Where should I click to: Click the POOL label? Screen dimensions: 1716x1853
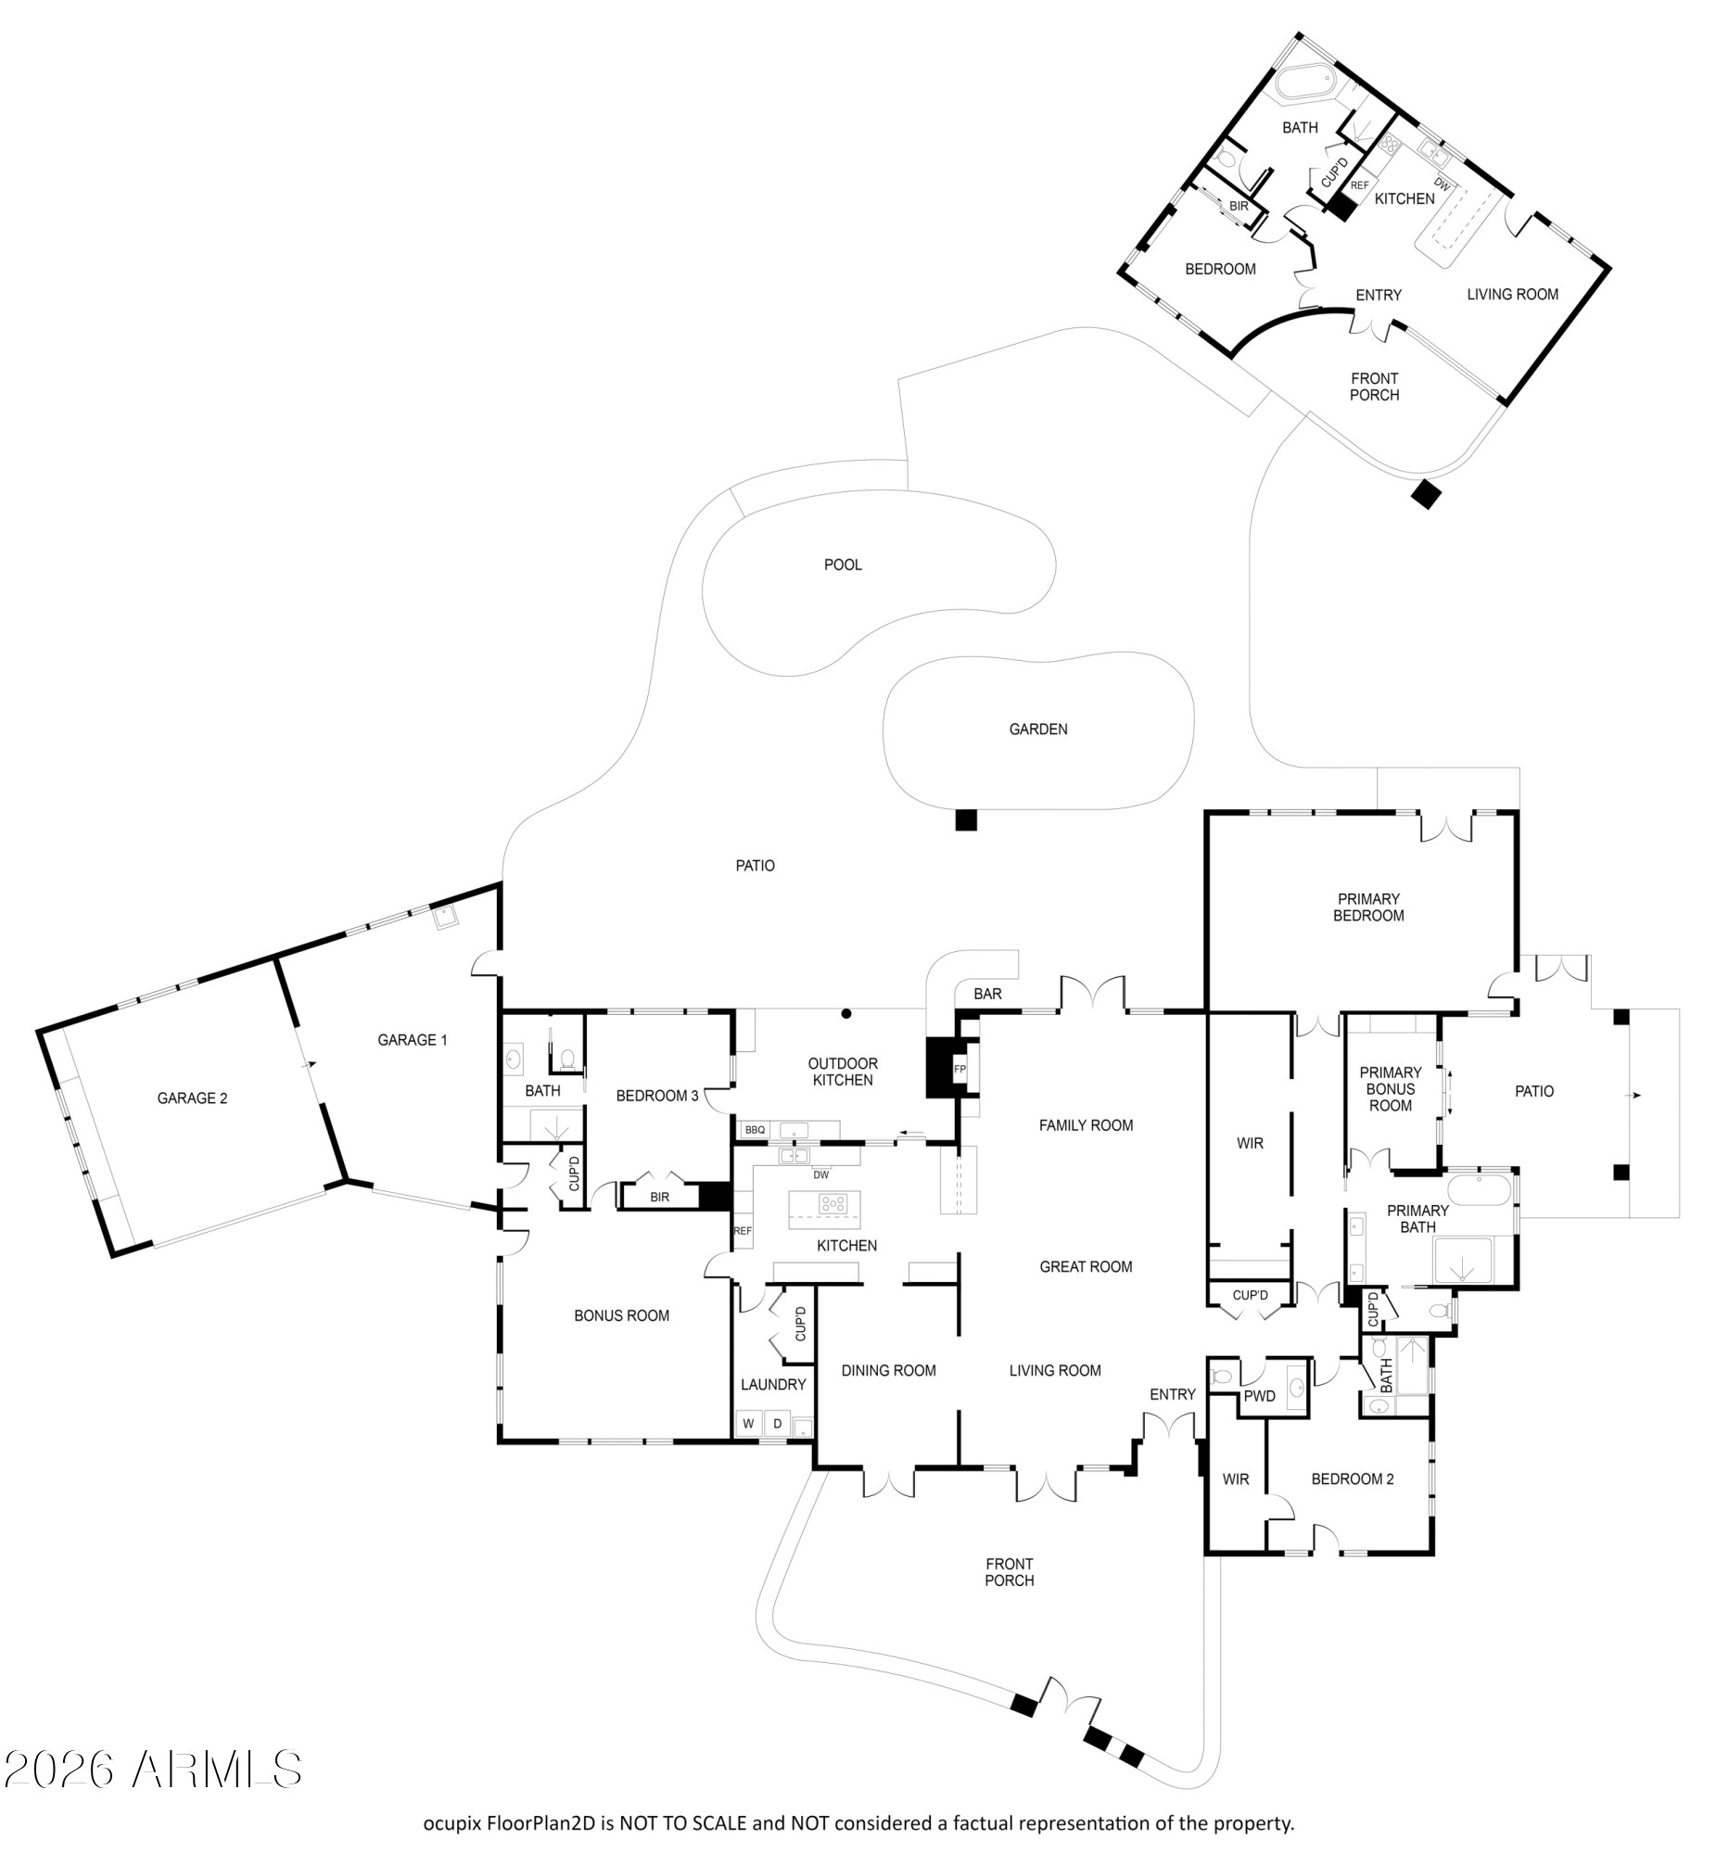pyautogui.click(x=843, y=565)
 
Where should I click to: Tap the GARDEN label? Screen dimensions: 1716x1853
pyautogui.click(x=1038, y=729)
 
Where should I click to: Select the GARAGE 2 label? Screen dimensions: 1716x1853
pyautogui.click(x=192, y=1098)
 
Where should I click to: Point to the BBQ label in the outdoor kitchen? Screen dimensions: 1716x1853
pyautogui.click(x=755, y=1130)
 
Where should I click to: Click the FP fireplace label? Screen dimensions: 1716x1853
pyautogui.click(x=960, y=1070)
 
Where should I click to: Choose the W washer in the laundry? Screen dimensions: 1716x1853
pyautogui.click(x=748, y=1423)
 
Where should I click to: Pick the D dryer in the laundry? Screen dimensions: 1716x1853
pyautogui.click(x=777, y=1423)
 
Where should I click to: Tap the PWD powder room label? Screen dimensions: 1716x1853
pyautogui.click(x=1260, y=1396)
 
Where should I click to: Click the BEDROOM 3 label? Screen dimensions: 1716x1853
pyautogui.click(x=657, y=1096)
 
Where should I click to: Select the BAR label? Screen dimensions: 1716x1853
pyautogui.click(x=988, y=994)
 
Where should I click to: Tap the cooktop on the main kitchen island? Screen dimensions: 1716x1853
pyautogui.click(x=833, y=1203)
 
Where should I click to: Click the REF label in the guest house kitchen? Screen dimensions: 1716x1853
pyautogui.click(x=1359, y=185)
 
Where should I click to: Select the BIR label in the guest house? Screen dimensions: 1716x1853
pyautogui.click(x=1239, y=206)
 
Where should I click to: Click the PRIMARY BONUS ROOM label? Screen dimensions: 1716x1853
pyautogui.click(x=1390, y=1089)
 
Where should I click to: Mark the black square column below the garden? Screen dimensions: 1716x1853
pyautogui.click(x=967, y=819)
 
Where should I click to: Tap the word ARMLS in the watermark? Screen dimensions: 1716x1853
pyautogui.click(x=217, y=1771)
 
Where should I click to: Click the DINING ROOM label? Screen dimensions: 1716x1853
pyautogui.click(x=889, y=1370)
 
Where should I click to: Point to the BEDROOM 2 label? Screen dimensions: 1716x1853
pyautogui.click(x=1352, y=1479)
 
